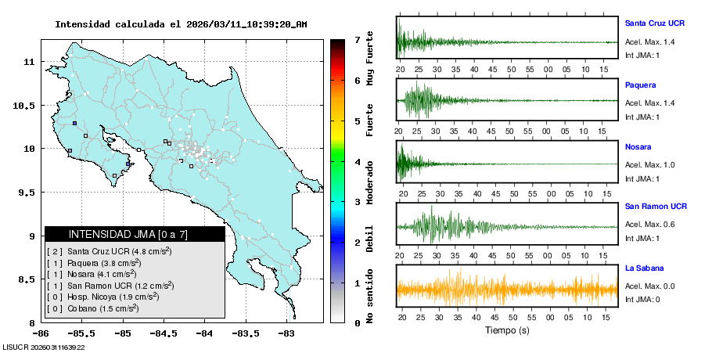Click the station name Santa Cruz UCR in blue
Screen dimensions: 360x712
tap(654, 23)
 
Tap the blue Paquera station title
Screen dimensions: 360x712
tap(640, 85)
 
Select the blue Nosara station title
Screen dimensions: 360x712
tap(638, 146)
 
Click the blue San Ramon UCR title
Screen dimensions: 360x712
tap(656, 207)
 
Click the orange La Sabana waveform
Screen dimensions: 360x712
tap(507, 290)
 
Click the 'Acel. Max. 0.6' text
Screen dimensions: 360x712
tap(649, 225)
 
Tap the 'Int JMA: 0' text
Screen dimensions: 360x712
tap(642, 300)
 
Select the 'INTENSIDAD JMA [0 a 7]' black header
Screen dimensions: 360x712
tap(135, 234)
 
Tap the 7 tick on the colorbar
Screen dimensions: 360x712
tap(357, 39)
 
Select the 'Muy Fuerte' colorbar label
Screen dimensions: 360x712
tap(370, 57)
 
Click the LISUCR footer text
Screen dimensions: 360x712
tap(44, 347)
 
